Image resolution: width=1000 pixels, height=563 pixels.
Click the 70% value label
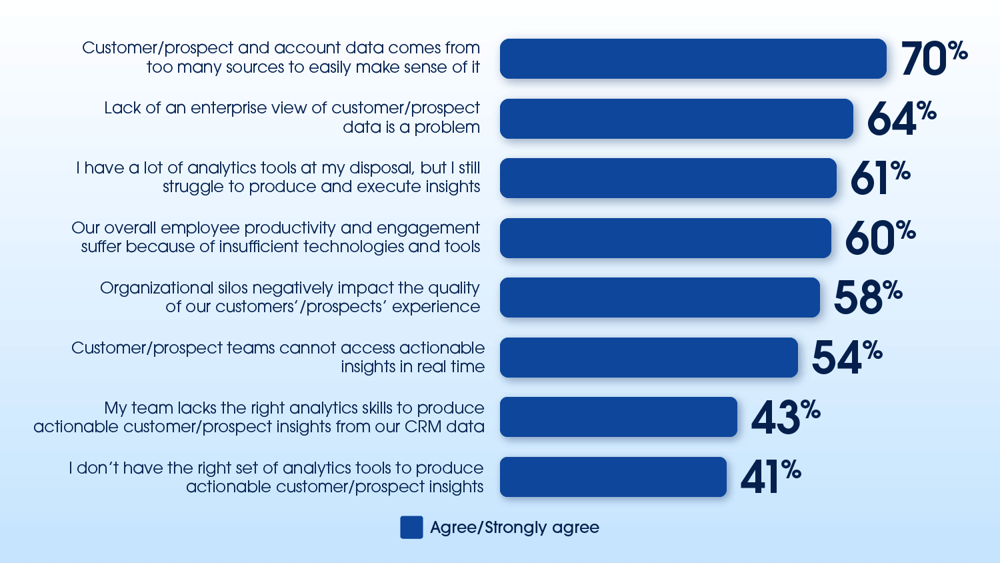pos(933,58)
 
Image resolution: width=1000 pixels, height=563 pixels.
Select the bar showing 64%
pos(676,119)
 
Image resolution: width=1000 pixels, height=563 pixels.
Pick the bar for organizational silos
pos(659,298)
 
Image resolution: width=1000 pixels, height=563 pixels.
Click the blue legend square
pos(411,527)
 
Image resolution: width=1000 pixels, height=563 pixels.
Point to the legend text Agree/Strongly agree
pos(515,528)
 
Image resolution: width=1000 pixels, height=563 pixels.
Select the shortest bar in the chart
pos(613,477)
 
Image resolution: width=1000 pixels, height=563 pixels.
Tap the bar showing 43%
pos(618,417)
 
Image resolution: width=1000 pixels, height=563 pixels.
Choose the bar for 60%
pos(665,238)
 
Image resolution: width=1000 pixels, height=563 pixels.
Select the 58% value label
pos(867,297)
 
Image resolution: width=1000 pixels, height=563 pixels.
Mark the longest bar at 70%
pos(693,59)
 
